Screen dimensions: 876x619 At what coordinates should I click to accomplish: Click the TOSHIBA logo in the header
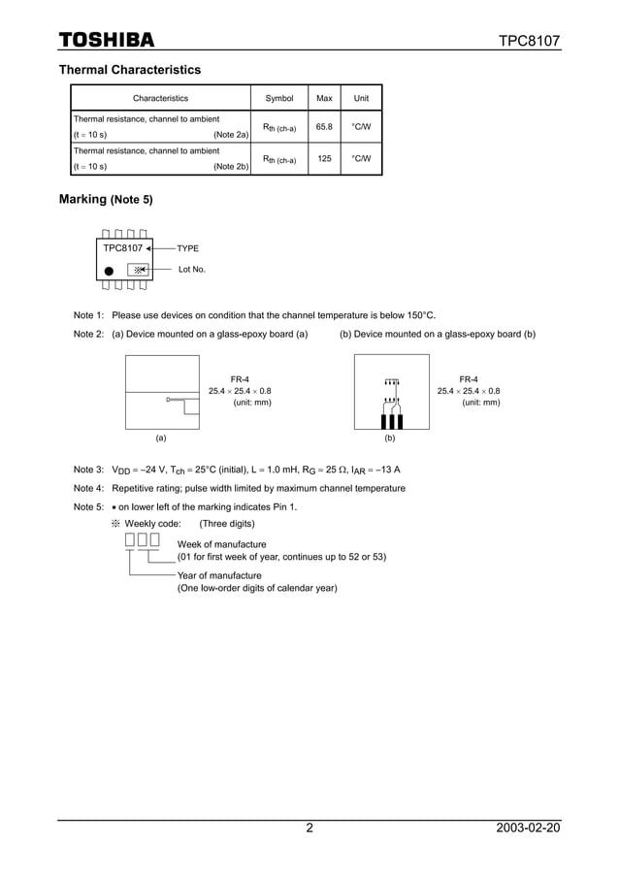(107, 40)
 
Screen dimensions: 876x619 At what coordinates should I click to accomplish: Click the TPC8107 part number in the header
(529, 41)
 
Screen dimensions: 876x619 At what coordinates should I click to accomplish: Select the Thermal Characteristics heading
(130, 70)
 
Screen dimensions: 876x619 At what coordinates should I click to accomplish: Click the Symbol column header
(279, 98)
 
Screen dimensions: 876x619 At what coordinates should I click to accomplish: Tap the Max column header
(324, 98)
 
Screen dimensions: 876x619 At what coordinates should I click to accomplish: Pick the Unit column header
(361, 98)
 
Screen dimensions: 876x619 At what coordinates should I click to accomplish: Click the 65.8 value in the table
(324, 127)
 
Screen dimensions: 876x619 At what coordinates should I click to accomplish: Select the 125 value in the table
(324, 158)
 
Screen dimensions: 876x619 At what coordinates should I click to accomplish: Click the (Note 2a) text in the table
(231, 135)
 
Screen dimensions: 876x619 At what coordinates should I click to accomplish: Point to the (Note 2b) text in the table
(231, 167)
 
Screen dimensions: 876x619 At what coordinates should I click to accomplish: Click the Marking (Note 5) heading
(106, 200)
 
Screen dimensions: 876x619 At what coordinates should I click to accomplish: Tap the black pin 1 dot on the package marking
(109, 271)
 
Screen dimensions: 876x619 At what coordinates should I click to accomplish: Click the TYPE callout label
(187, 249)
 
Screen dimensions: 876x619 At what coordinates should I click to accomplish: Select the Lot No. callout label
(192, 269)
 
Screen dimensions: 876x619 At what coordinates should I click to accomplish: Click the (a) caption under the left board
(161, 438)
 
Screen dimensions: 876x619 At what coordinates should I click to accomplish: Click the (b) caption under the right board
(390, 438)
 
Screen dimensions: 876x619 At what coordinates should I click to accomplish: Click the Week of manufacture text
(221, 544)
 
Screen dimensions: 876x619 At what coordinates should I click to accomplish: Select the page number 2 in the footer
(309, 828)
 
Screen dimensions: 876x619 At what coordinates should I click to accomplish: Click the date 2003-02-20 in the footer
(527, 828)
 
